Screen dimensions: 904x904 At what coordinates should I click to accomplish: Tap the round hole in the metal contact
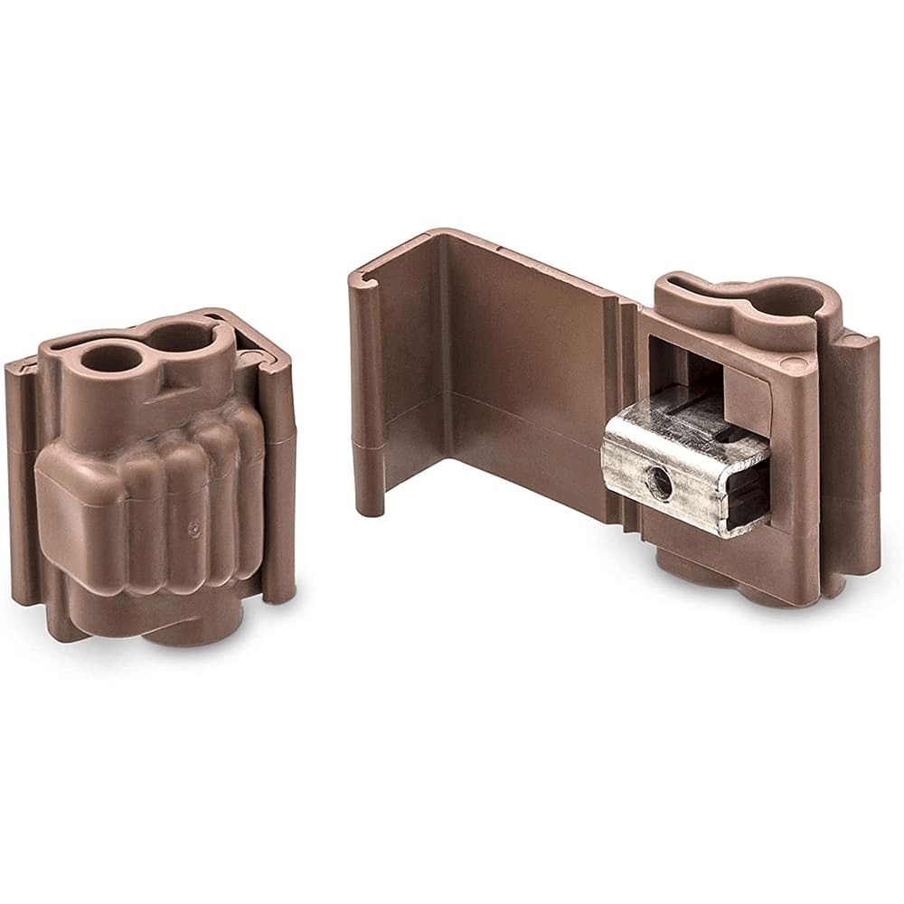tap(660, 485)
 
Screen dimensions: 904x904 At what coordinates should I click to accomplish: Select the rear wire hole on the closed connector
tap(178, 337)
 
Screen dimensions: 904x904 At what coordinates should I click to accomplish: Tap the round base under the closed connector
tap(194, 624)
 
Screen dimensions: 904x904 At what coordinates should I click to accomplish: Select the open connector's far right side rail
tap(863, 452)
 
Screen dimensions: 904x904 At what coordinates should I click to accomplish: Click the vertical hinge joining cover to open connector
tap(628, 407)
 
